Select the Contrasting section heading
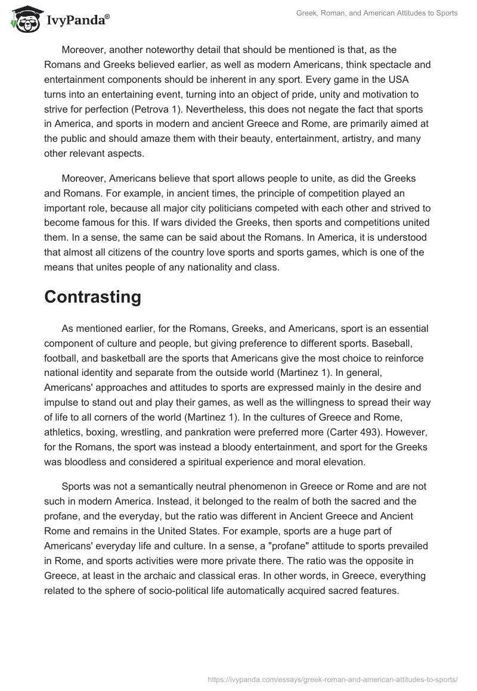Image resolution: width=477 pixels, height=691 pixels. point(92,297)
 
